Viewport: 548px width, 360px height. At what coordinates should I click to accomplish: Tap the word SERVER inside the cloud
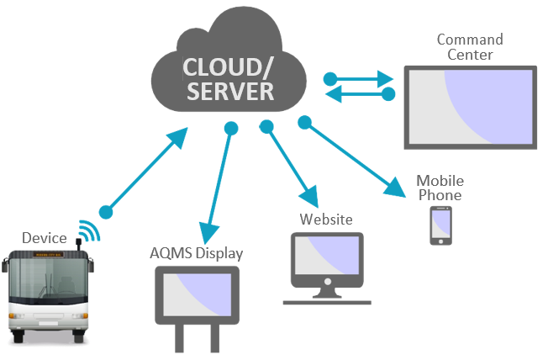[x=229, y=91]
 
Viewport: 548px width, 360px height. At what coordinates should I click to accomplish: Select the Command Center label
[x=470, y=47]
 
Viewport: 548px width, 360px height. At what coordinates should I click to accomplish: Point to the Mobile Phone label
[x=440, y=188]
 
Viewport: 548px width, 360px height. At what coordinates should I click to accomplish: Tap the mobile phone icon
[x=440, y=225]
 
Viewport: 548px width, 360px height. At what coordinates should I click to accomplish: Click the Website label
[x=326, y=220]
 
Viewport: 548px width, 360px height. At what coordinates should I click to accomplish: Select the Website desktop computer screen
[x=327, y=261]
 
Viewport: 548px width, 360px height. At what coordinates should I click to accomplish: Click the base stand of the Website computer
[x=327, y=299]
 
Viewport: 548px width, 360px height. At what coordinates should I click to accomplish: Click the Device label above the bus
[x=44, y=238]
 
